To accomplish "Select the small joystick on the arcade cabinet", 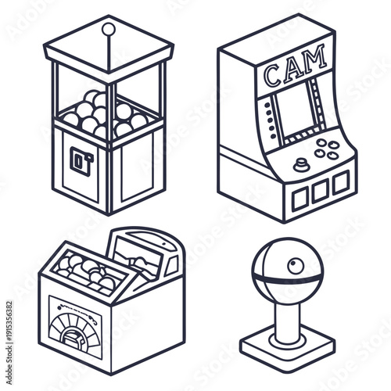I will pyautogui.click(x=302, y=164).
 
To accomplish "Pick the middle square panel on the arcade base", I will pyautogui.click(x=321, y=190).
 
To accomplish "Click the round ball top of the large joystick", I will pyautogui.click(x=286, y=270).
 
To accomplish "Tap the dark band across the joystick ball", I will pyautogui.click(x=286, y=278).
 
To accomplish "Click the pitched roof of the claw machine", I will pyautogui.click(x=109, y=47).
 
